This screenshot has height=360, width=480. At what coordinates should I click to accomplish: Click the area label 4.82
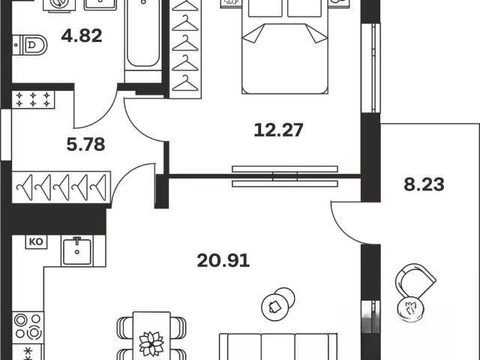[82, 35]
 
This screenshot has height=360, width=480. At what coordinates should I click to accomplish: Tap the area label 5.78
[85, 145]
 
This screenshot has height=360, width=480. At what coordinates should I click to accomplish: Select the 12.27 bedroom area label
[278, 130]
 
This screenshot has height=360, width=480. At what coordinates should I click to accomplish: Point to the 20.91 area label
[223, 261]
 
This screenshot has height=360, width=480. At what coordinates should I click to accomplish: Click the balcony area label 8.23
[424, 185]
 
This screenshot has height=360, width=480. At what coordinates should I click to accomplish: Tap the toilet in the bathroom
[30, 45]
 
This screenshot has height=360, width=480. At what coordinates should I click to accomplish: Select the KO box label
[36, 241]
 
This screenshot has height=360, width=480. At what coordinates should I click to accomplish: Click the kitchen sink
[77, 251]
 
